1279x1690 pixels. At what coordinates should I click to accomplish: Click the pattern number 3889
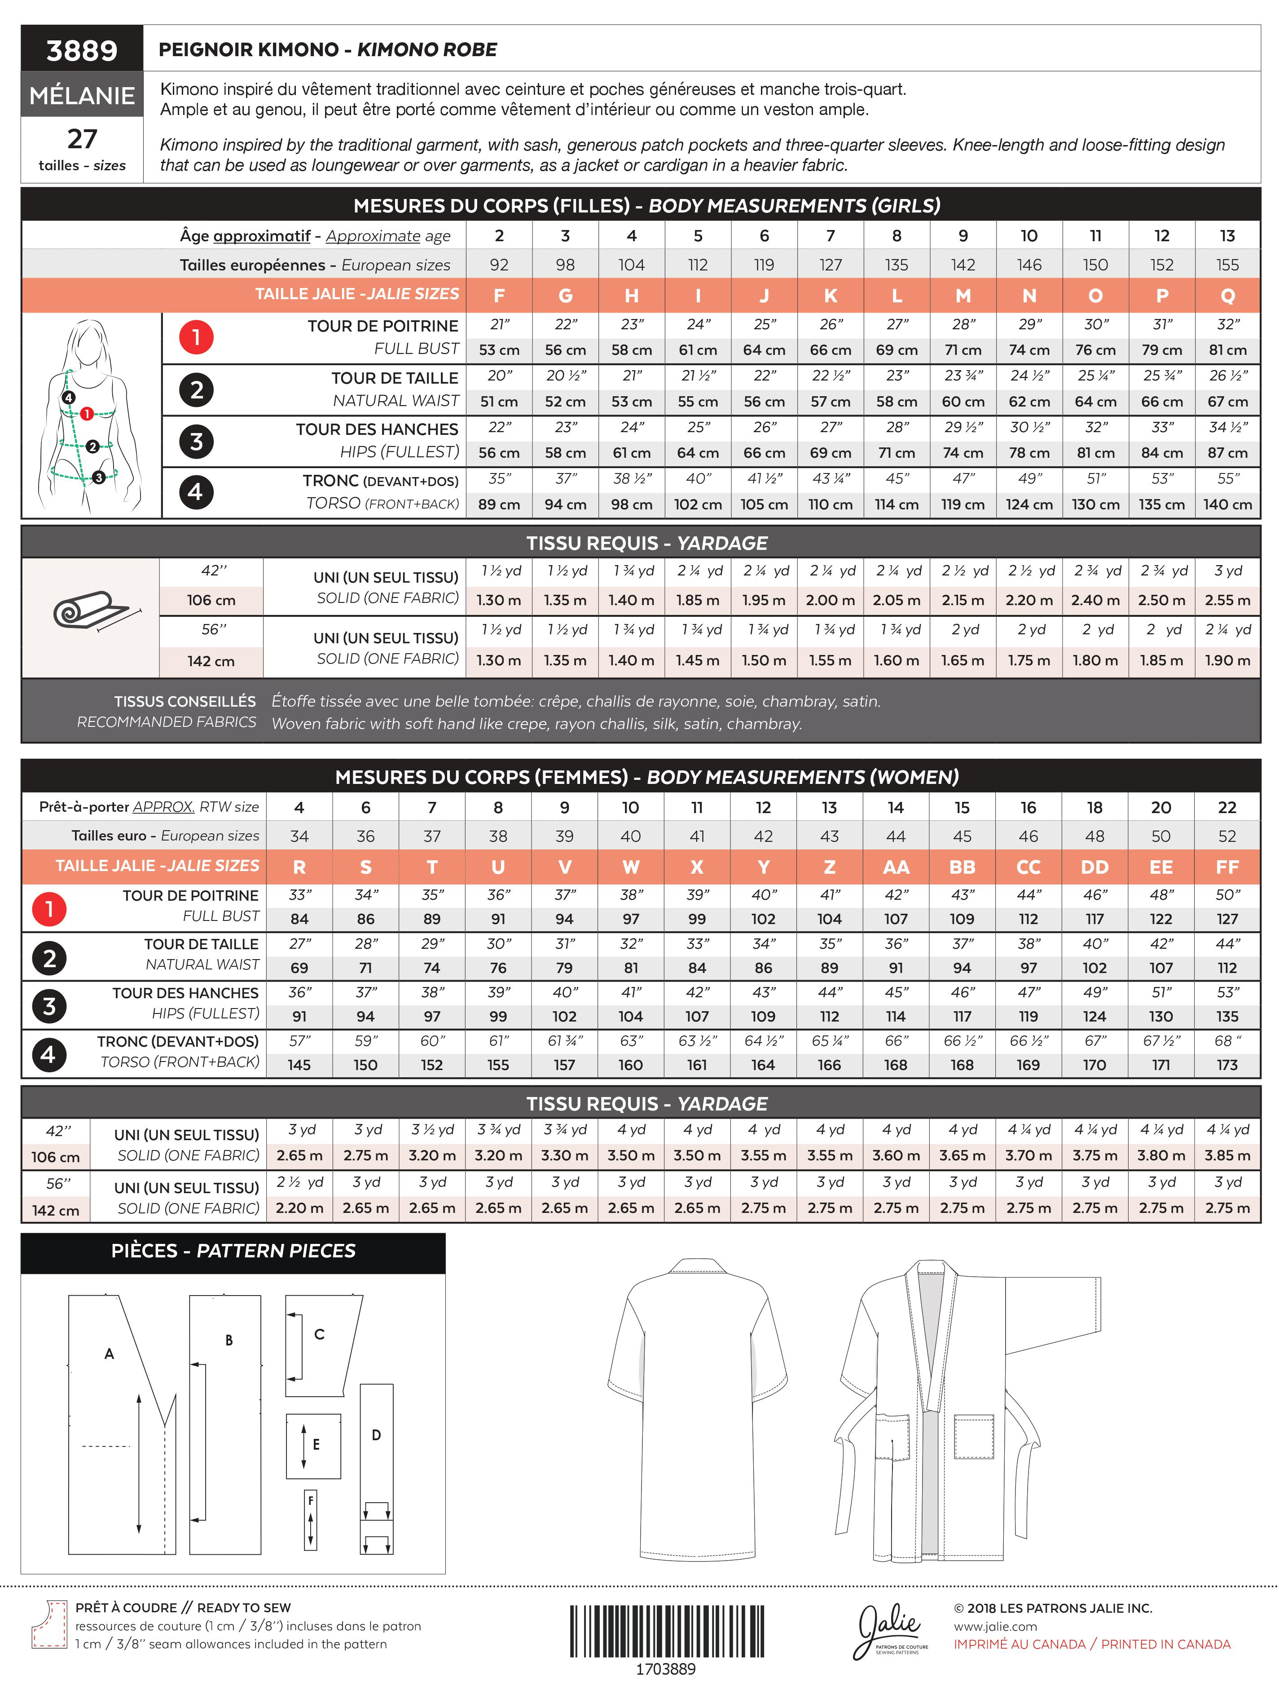pyautogui.click(x=82, y=50)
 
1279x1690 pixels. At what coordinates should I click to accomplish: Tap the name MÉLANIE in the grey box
pyautogui.click(x=82, y=96)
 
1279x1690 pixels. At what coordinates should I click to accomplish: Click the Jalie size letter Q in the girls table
pyautogui.click(x=1227, y=296)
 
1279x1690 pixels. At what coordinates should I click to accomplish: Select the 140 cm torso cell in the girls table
pyautogui.click(x=1227, y=504)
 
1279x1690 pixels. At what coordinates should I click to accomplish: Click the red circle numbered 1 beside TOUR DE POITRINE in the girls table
pyautogui.click(x=196, y=337)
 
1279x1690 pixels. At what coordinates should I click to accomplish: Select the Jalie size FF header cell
pyautogui.click(x=1226, y=867)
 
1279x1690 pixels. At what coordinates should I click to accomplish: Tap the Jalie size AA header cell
pyautogui.click(x=896, y=867)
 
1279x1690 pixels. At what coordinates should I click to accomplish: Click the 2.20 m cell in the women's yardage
pyautogui.click(x=299, y=1208)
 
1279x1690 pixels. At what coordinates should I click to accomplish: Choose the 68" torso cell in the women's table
pyautogui.click(x=1226, y=1040)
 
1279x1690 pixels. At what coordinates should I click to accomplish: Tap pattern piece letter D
pyautogui.click(x=376, y=1435)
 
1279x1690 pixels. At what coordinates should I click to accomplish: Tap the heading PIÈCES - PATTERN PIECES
pyautogui.click(x=233, y=1251)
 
